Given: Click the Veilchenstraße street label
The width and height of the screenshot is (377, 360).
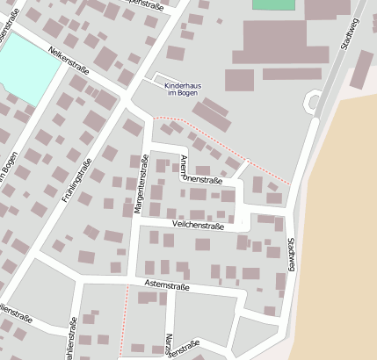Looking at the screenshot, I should pyautogui.click(x=199, y=227).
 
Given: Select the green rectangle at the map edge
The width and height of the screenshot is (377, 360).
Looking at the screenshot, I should pyautogui.click(x=273, y=4).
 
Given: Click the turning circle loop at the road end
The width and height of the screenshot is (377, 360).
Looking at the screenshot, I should pyautogui.click(x=312, y=103).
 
